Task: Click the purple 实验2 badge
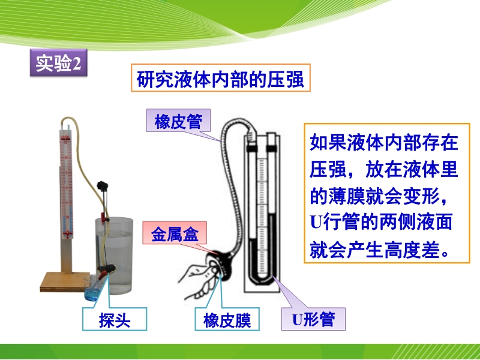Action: tap(58, 63)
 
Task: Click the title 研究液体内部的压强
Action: tap(220, 79)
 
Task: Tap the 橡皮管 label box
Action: tap(178, 121)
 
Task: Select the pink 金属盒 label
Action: tap(175, 233)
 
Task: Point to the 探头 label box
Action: tap(115, 319)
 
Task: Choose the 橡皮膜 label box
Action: tap(227, 319)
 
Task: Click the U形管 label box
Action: tap(313, 319)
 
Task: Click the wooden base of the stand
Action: tap(65, 281)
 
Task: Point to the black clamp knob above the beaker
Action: tap(103, 186)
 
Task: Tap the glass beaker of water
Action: tap(114, 256)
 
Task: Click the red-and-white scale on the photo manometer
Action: tap(66, 184)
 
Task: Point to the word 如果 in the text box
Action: tap(328, 142)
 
